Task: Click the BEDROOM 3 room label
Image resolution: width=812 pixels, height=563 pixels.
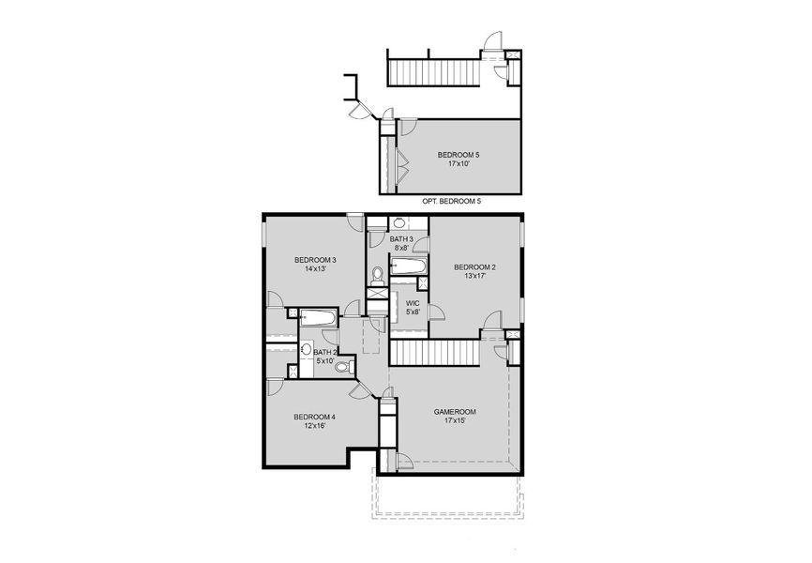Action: pos(315,259)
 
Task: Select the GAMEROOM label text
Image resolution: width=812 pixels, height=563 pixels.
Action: pos(455,411)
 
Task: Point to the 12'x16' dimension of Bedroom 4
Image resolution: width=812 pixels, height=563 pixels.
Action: pos(314,426)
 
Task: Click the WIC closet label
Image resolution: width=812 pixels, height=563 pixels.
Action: pos(413,303)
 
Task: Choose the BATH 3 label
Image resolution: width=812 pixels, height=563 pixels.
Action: pos(401,239)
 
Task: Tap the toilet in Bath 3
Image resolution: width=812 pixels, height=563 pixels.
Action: pos(378,274)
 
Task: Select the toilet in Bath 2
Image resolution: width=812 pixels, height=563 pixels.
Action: pos(342,366)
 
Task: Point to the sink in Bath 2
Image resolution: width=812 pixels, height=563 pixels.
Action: pos(306,349)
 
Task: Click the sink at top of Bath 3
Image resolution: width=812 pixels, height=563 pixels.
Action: pos(398,223)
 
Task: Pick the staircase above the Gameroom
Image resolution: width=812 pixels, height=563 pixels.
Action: pos(434,353)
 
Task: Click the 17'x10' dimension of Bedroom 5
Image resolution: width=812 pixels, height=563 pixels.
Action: pos(459,163)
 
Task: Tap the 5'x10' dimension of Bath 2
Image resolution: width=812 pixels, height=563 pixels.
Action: pos(325,360)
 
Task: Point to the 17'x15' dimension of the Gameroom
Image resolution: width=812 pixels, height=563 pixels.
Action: pos(455,420)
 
